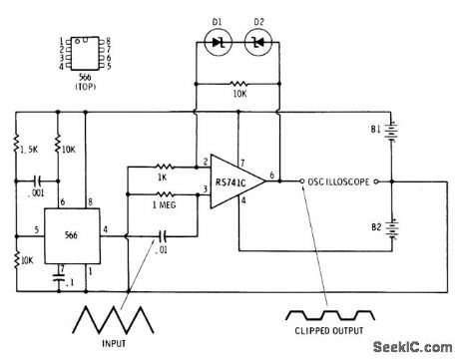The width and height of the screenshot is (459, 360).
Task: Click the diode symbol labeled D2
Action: [x=258, y=42]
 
